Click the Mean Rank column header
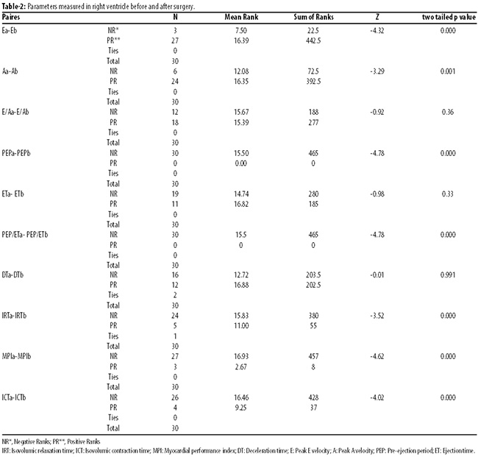(x=241, y=17)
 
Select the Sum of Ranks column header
(x=313, y=17)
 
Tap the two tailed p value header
(x=449, y=18)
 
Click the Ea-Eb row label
(x=10, y=30)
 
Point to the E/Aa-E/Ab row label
(x=15, y=112)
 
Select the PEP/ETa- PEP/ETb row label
(x=25, y=235)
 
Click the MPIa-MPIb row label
(x=16, y=356)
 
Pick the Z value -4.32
(x=377, y=30)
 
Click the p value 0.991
(x=448, y=275)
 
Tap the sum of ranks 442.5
(x=313, y=40)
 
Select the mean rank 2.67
(x=240, y=366)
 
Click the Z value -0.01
(x=377, y=275)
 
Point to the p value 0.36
(x=448, y=112)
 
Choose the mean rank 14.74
(x=241, y=194)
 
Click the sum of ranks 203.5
(x=313, y=275)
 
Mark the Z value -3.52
(x=377, y=316)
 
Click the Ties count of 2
(x=175, y=295)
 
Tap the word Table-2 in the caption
(x=13, y=7)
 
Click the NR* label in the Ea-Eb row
(x=113, y=30)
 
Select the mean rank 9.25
(x=240, y=408)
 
